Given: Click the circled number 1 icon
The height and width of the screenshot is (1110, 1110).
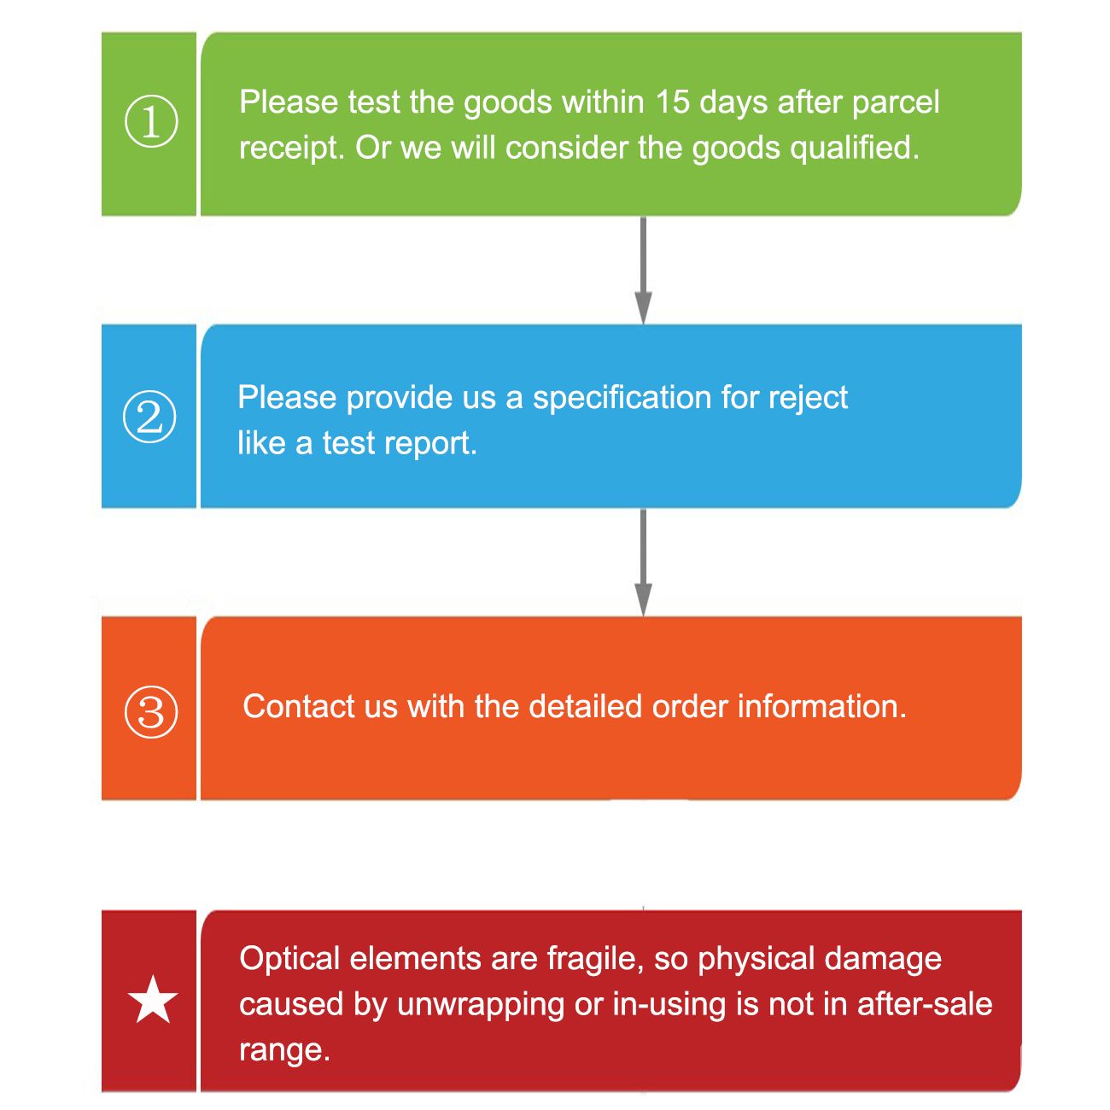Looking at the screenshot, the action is tap(151, 121).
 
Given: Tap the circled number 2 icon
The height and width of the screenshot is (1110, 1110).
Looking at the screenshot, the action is tap(149, 417).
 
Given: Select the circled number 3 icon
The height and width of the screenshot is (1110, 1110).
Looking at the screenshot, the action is tap(151, 712).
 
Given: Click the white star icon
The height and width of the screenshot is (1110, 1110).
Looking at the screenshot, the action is tap(153, 1000).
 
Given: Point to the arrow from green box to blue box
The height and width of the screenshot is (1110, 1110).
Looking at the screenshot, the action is tap(643, 270).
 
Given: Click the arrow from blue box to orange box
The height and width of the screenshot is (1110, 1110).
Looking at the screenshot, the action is tap(643, 562).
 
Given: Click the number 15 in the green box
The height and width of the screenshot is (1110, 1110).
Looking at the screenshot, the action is tap(672, 102).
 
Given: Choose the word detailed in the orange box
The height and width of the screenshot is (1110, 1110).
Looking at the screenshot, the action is tap(585, 707).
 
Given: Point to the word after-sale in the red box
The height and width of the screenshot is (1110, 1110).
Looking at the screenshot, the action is tap(925, 1005).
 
